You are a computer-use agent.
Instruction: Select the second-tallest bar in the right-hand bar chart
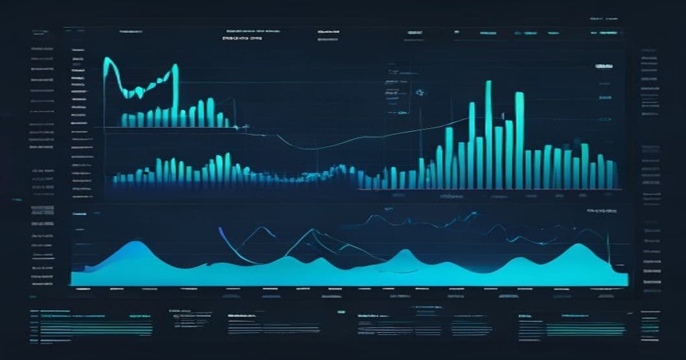(x=519, y=139)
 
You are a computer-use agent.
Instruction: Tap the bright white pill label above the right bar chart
(x=604, y=67)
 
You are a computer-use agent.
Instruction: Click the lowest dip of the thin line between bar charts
(x=304, y=148)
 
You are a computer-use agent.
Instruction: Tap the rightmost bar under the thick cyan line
(x=225, y=120)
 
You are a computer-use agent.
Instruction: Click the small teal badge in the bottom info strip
(x=341, y=311)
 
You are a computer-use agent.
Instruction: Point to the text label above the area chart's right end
(x=601, y=211)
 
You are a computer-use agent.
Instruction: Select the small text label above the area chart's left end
(x=80, y=213)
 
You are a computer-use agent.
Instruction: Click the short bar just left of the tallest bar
(x=479, y=162)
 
